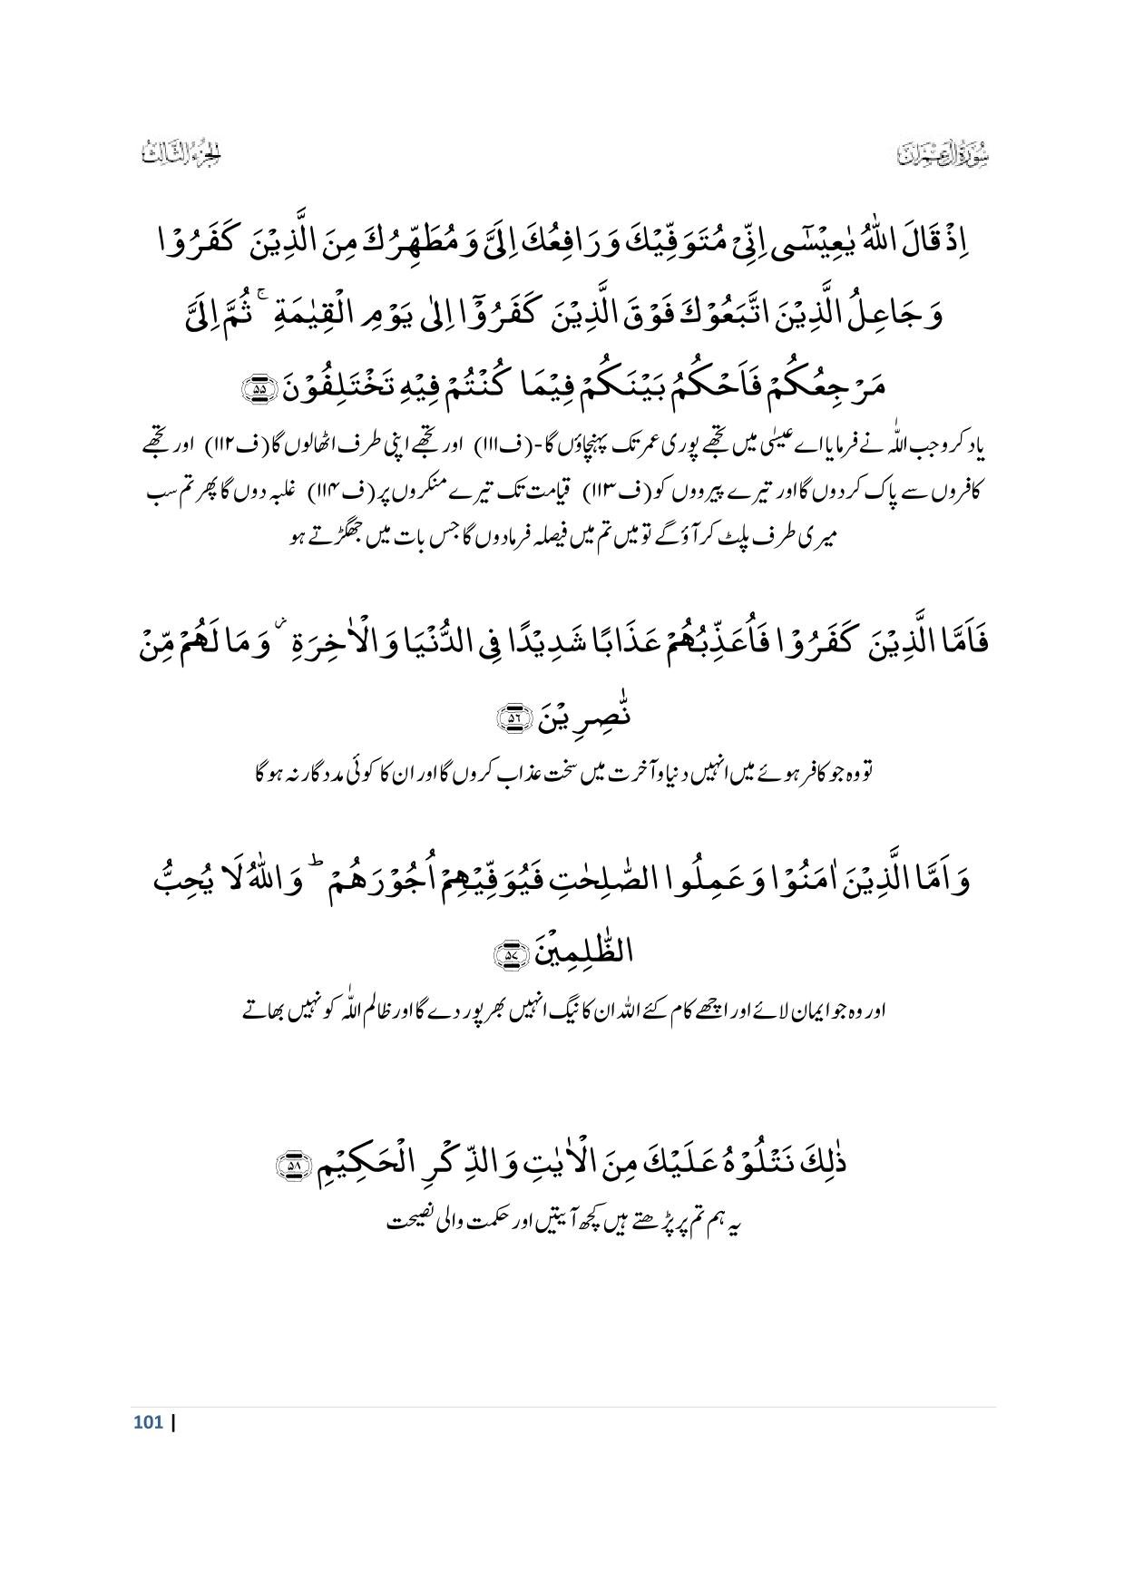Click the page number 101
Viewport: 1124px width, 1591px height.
[x=148, y=1422]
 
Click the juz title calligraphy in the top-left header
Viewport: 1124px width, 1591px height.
[x=182, y=153]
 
